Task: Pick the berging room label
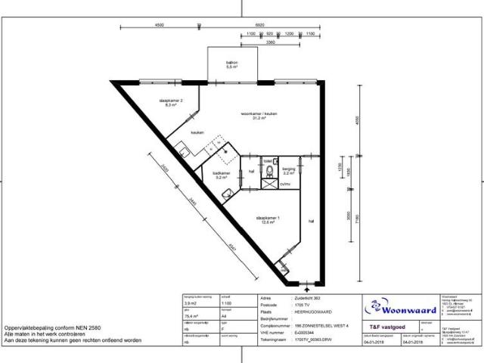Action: click(x=287, y=170)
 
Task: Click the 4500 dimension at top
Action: click(x=160, y=25)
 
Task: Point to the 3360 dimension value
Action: click(x=270, y=42)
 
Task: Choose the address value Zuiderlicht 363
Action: click(x=306, y=297)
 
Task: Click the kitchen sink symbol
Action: click(x=184, y=146)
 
